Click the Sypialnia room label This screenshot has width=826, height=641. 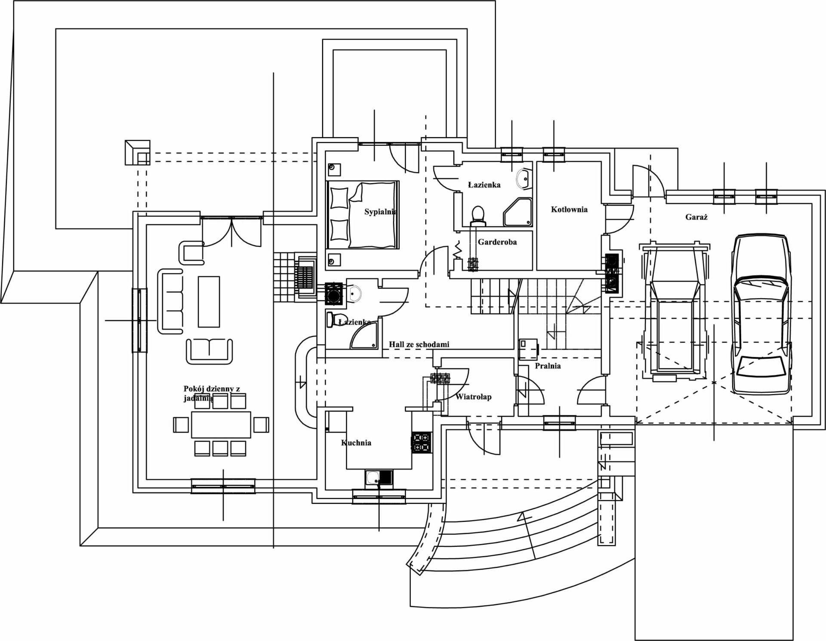click(x=380, y=212)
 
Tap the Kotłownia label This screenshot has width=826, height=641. click(x=569, y=210)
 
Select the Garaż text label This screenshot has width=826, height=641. click(x=696, y=217)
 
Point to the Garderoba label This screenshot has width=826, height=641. click(x=497, y=242)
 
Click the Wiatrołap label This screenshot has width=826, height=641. click(x=473, y=397)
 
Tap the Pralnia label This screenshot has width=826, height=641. click(x=548, y=366)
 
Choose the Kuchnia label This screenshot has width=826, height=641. click(x=356, y=443)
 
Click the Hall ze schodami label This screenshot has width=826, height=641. click(x=419, y=344)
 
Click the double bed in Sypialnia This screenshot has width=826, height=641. click(x=363, y=215)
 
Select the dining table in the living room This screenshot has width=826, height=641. click(x=221, y=425)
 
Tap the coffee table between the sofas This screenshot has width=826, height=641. click(x=209, y=302)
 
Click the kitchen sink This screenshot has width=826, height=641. click(x=379, y=478)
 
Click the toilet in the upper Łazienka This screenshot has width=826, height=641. click(x=478, y=215)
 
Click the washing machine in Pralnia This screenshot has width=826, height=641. click(x=529, y=348)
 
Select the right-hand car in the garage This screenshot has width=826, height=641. click(x=761, y=314)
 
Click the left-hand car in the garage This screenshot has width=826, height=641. click(x=673, y=312)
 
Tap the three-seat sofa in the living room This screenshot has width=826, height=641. click(x=170, y=301)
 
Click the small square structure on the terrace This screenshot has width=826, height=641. click(x=137, y=152)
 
